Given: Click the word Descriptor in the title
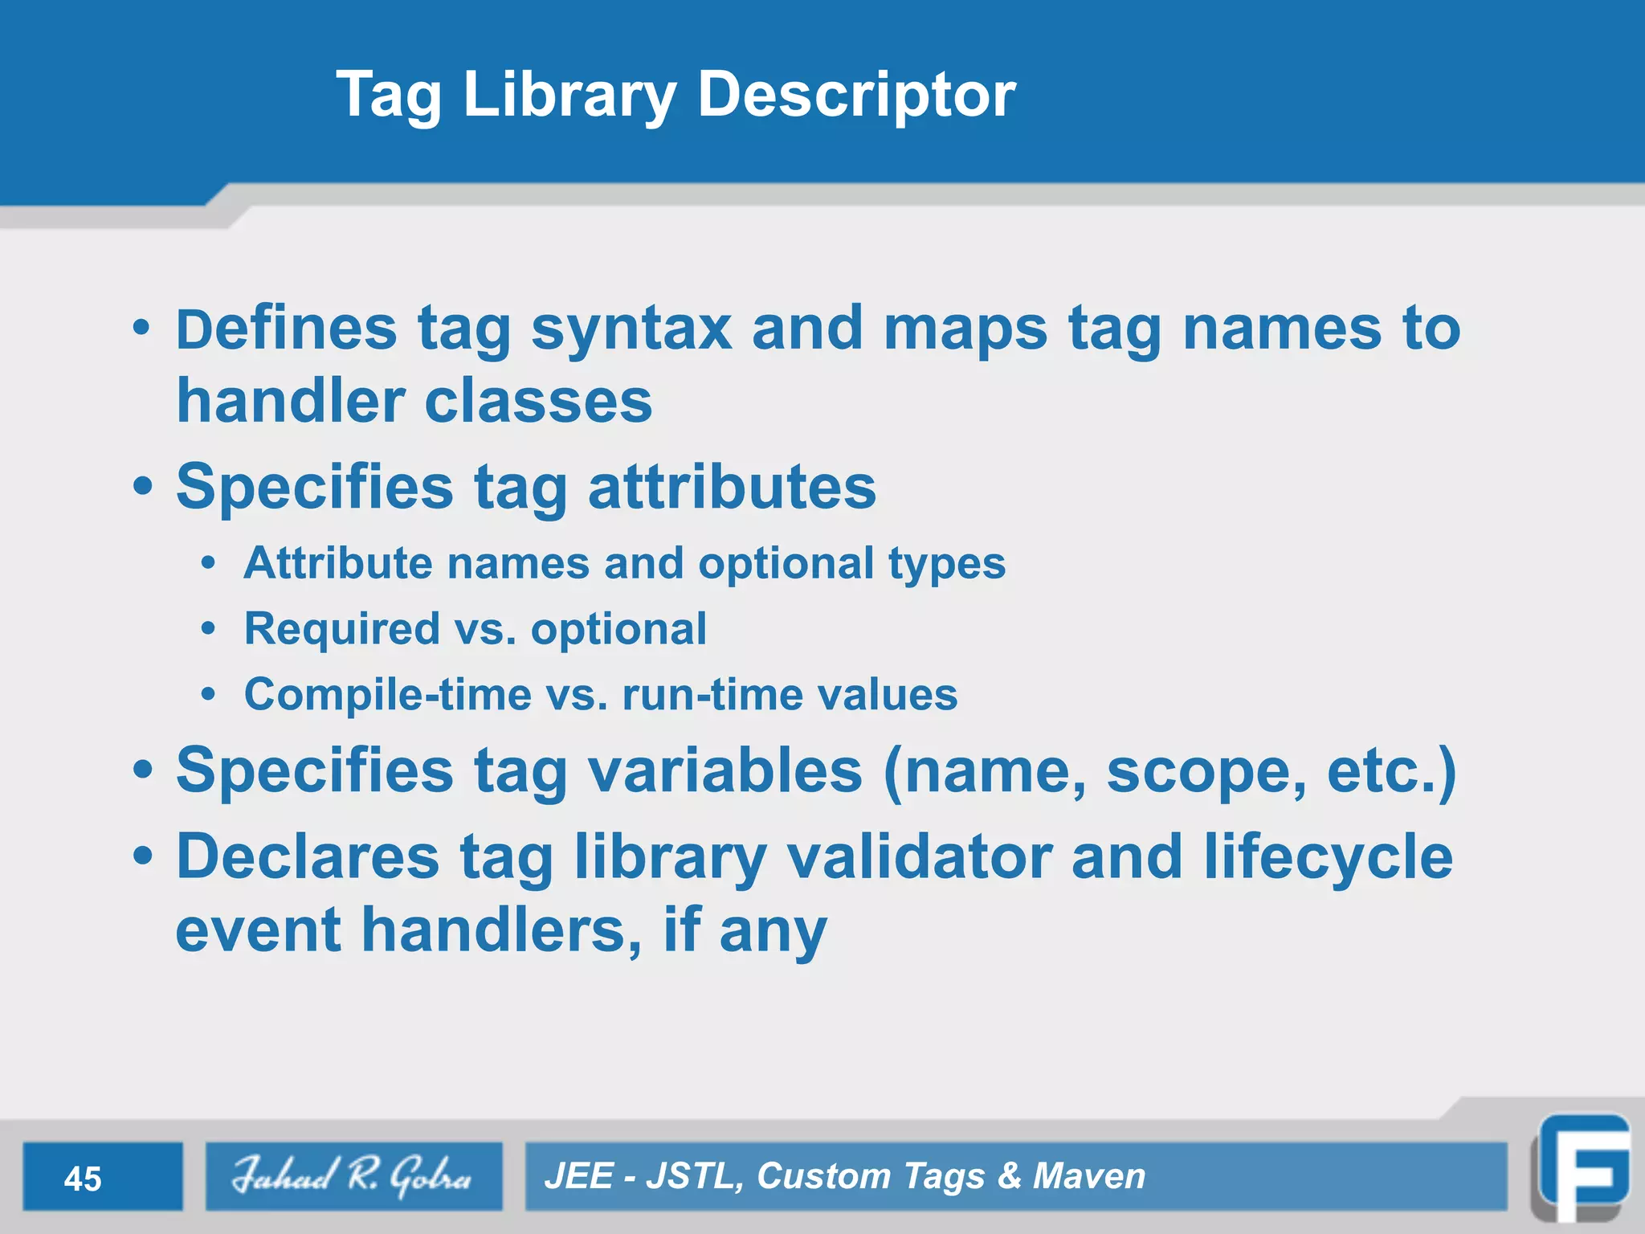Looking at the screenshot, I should coord(856,95).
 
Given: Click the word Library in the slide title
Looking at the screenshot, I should coord(569,95).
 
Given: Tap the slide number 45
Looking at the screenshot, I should coord(83,1179).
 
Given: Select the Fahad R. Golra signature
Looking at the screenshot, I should coord(353,1175).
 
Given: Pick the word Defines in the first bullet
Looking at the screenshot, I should coord(286,329).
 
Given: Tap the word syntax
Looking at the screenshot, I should coord(631,329).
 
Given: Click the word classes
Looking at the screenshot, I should coord(538,401).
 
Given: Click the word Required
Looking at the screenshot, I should coord(342,628).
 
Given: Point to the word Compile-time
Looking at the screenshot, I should coord(388,694).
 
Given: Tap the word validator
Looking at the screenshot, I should coord(919,856).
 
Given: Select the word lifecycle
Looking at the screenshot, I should coord(1328,856).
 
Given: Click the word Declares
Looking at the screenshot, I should coord(308,856).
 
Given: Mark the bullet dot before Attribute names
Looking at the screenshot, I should coord(209,563).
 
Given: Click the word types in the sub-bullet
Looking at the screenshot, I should coord(947,563).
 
